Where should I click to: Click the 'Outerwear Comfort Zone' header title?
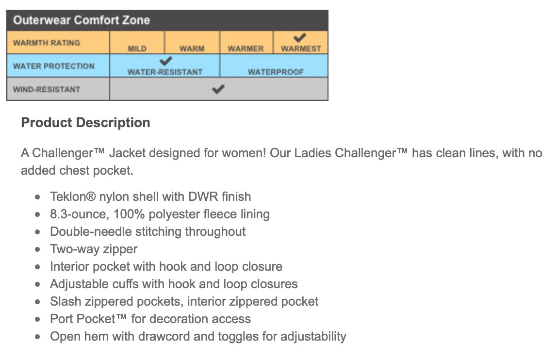pos(82,20)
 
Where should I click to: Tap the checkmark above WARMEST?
pos(300,37)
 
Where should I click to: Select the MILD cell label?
pos(137,49)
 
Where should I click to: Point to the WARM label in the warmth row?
pos(192,49)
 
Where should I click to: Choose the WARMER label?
pos(246,49)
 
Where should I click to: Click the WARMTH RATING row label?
pos(47,43)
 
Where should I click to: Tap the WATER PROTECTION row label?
pos(54,66)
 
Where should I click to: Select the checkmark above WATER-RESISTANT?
pos(166,61)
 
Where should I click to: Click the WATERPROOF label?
pos(276,72)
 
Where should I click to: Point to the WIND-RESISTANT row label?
pos(47,89)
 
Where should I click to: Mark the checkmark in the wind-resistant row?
pos(219,89)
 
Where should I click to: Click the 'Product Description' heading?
pos(85,123)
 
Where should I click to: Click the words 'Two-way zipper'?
pos(94,249)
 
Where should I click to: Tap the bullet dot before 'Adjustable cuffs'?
pos(38,284)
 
